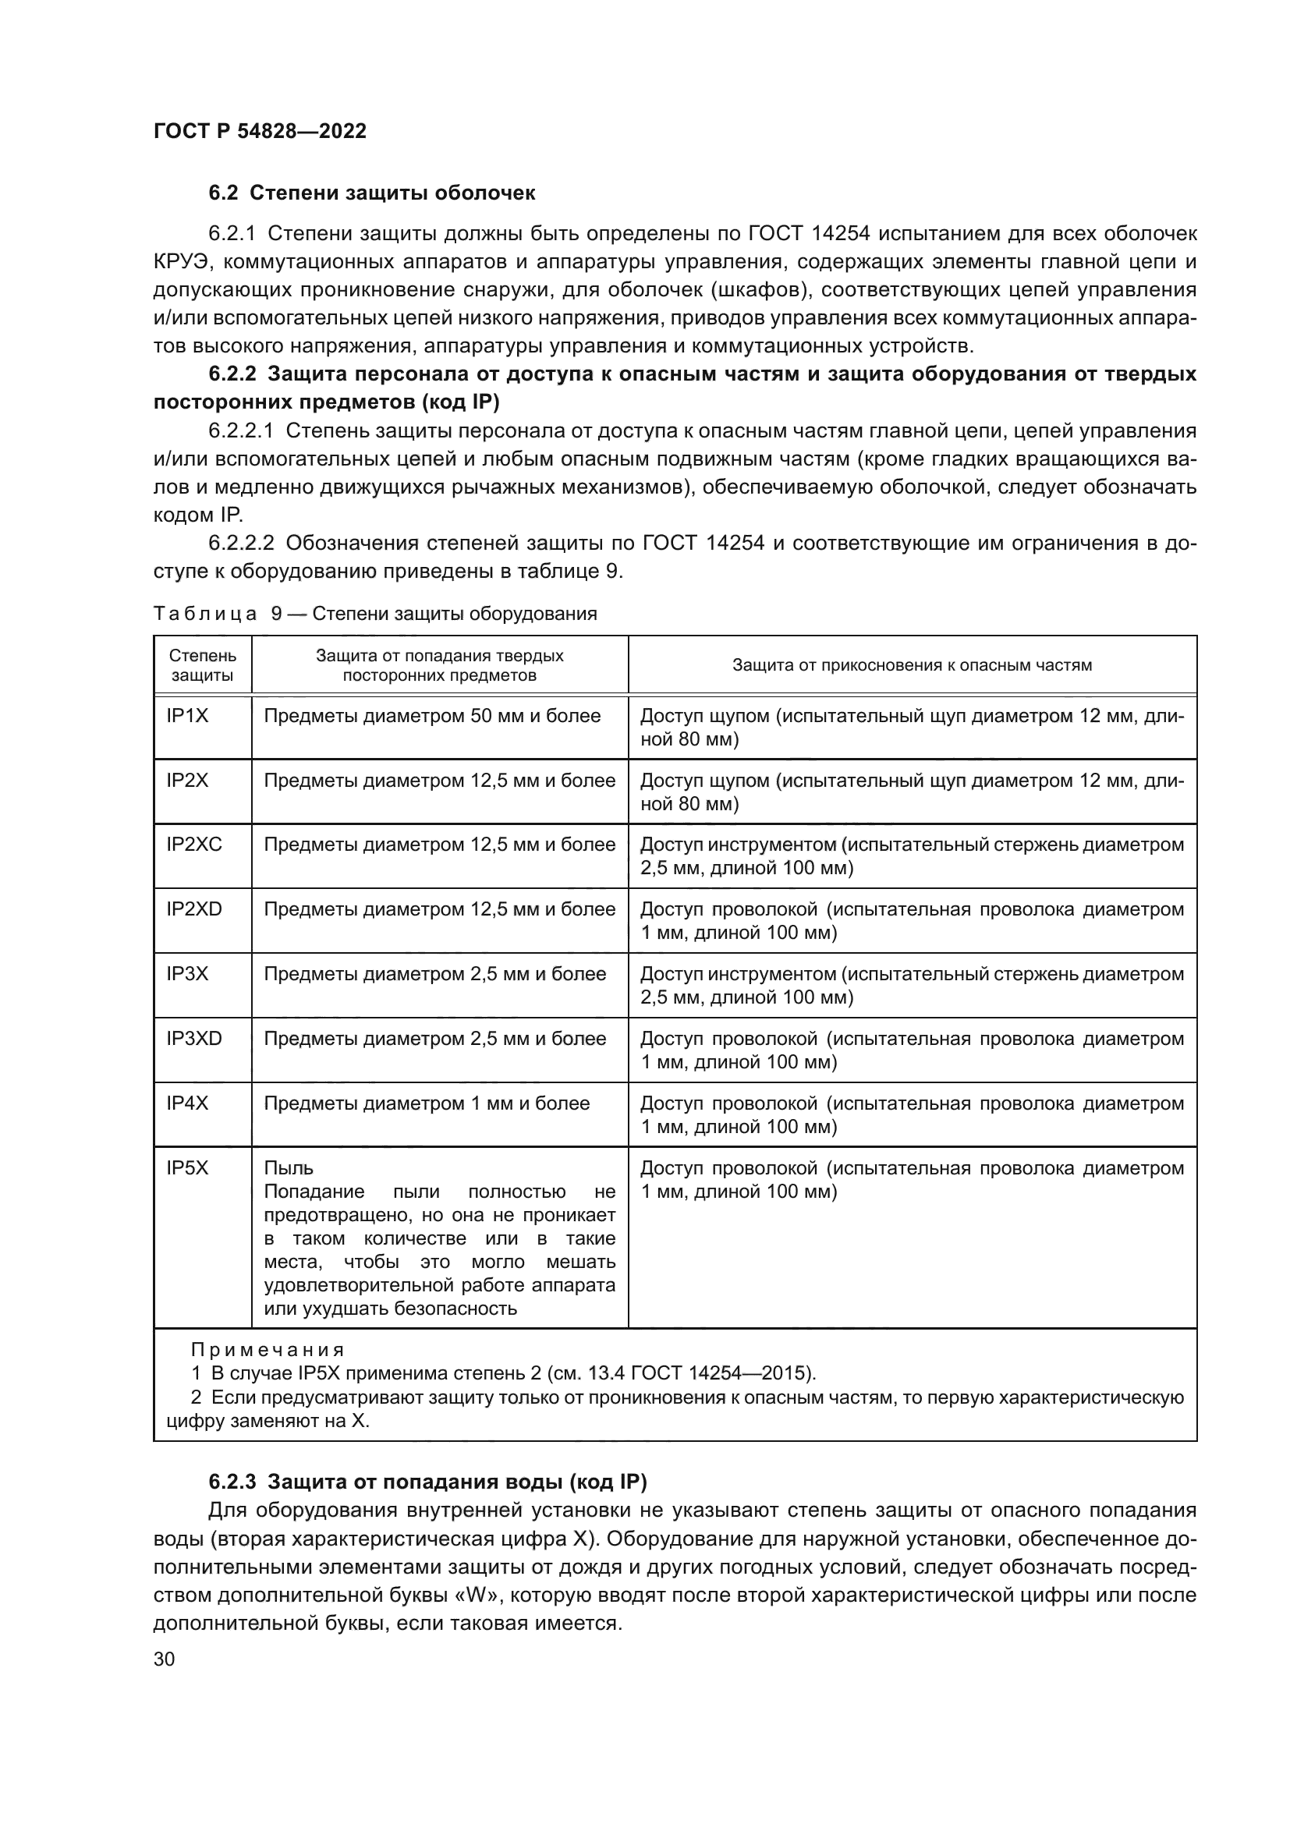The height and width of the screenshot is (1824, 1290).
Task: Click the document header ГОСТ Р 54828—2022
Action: pos(260,132)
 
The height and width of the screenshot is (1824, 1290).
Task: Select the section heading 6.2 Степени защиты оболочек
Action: pos(372,193)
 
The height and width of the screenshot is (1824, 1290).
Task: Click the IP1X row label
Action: pos(186,716)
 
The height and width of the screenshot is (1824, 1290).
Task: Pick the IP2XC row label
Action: pos(194,845)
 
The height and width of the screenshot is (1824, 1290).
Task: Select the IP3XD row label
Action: pos(194,1038)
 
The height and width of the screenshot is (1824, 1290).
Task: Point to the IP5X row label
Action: pos(186,1168)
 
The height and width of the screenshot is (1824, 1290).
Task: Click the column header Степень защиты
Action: pos(203,666)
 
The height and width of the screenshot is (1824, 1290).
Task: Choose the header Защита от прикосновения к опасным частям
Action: pos(912,665)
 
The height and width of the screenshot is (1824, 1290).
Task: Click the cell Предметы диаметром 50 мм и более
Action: pos(432,716)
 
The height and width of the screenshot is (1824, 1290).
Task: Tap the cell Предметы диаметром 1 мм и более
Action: pos(427,1103)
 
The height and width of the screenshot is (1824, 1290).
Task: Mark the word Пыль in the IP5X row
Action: pos(289,1169)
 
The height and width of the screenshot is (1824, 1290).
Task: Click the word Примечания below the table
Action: pos(268,1350)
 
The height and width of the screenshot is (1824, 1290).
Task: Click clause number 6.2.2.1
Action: pos(241,431)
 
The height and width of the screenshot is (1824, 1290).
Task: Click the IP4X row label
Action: pos(186,1103)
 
